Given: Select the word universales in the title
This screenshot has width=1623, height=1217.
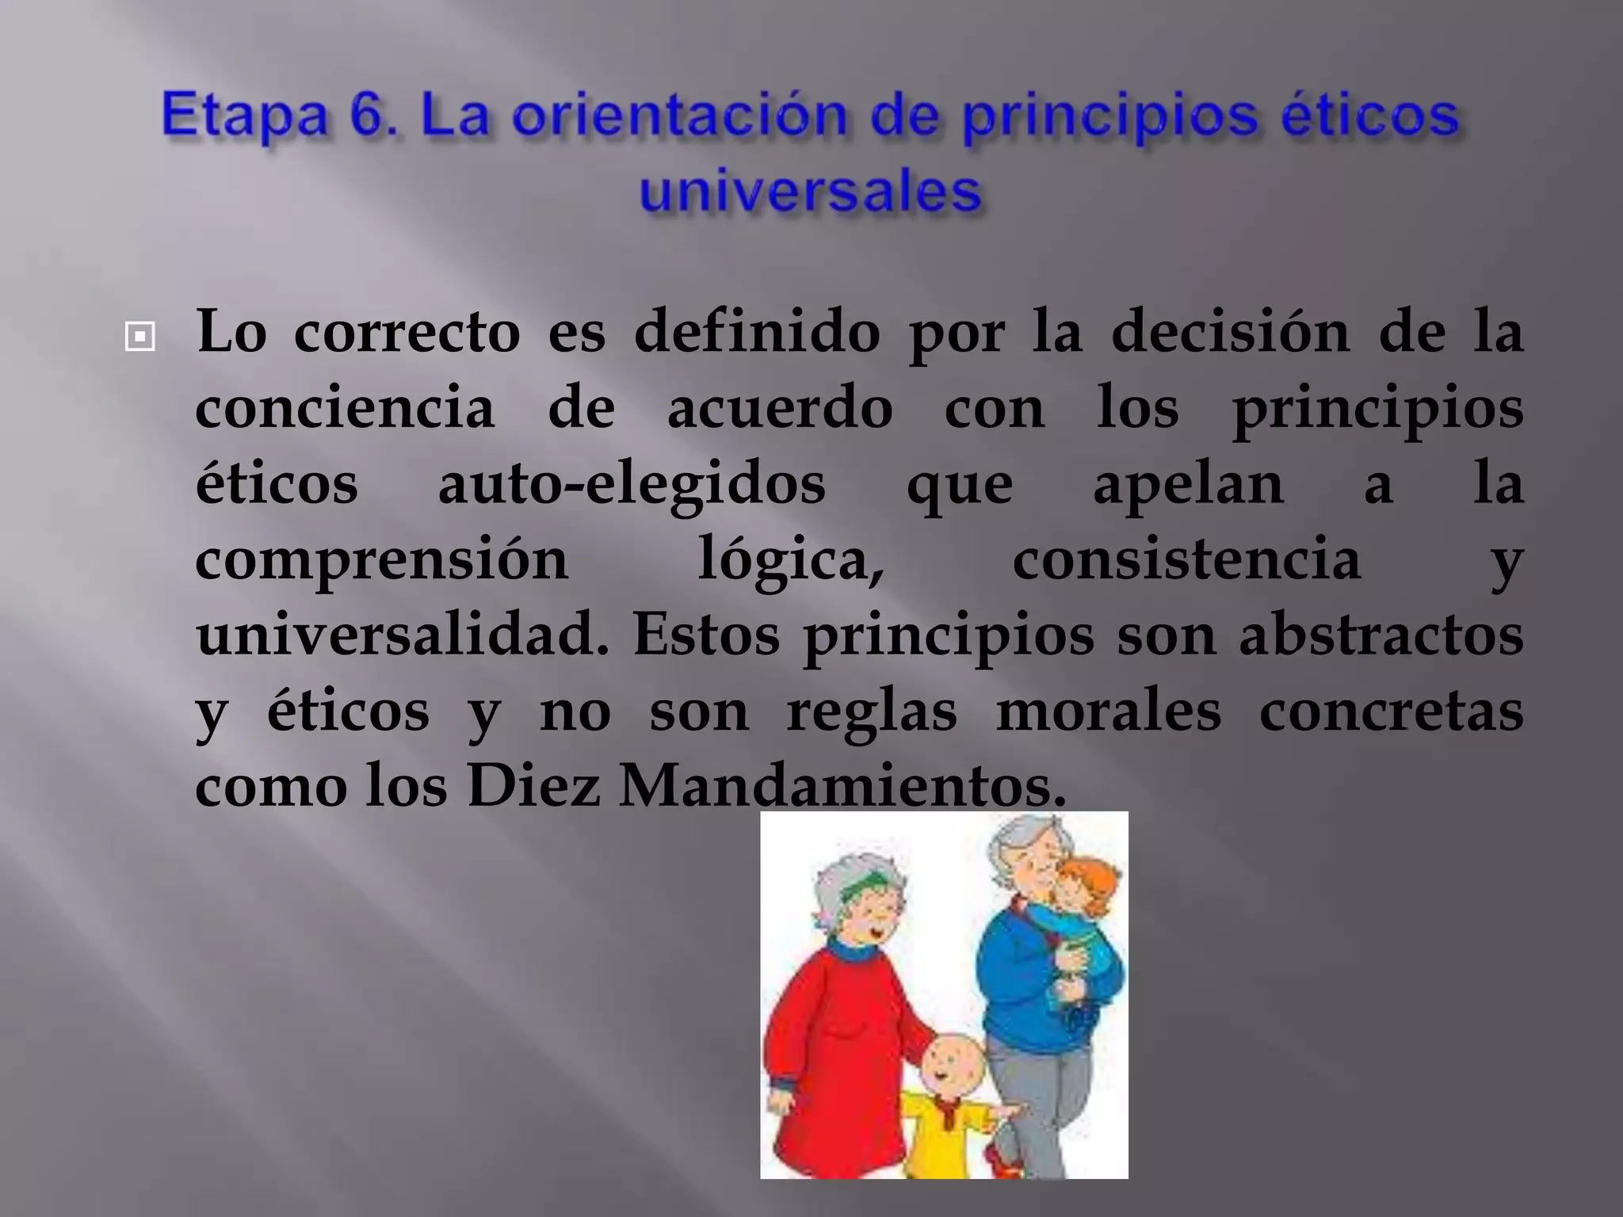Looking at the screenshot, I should [x=810, y=192].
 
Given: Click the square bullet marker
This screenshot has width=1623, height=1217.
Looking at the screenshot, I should [x=140, y=338].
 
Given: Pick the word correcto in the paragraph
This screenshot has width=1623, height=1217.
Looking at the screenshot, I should [x=407, y=331].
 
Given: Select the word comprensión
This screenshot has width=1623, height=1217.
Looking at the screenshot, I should [x=382, y=561].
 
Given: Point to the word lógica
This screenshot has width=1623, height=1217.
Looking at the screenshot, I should [x=790, y=561].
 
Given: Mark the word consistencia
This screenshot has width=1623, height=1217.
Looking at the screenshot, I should [x=1186, y=559].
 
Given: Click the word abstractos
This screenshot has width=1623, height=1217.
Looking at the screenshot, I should [x=1381, y=635].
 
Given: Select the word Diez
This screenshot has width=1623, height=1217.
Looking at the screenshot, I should [x=533, y=786].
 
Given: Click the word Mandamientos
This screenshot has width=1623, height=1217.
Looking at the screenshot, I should [x=842, y=786].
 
